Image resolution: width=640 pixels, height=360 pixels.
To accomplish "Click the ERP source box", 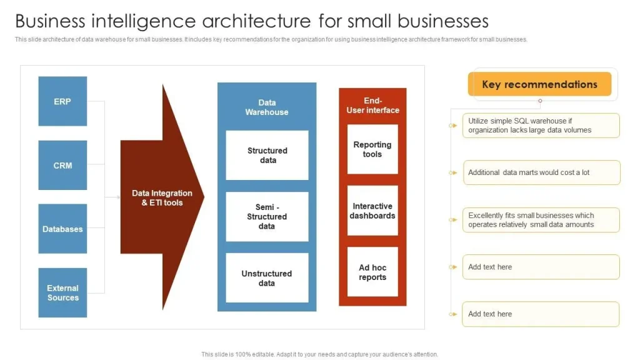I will coord(62,101).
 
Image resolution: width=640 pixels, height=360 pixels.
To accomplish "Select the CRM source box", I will coord(62,166).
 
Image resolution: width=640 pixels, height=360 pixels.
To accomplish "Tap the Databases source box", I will coord(62,229).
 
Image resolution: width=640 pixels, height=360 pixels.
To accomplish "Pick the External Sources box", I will coord(62,292).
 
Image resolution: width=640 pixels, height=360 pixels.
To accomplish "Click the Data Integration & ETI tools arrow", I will coord(161,198).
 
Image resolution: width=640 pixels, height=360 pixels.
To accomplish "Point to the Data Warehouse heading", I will coord(267,107).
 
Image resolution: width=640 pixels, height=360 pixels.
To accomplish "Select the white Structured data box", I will coord(267,155).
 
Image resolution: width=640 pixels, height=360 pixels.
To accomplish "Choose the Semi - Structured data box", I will coord(267,217).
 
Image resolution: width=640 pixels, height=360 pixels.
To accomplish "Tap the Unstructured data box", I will coord(267,278).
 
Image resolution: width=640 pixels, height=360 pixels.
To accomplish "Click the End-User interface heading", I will coord(372,105).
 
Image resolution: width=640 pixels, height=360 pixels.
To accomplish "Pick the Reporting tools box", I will coord(372,149).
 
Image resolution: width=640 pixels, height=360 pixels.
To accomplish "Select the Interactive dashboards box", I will coord(372,211).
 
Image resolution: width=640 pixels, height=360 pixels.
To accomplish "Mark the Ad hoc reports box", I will coord(372,272).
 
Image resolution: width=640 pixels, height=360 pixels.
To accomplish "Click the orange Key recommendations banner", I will coord(539,84).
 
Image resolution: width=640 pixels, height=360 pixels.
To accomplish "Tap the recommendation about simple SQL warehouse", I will coord(541,126).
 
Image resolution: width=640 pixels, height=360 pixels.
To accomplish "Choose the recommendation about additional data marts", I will coord(541,172).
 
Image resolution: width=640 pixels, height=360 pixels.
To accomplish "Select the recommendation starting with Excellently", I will coord(541,220).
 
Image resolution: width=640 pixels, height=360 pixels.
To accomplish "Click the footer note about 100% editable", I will coord(319,354).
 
